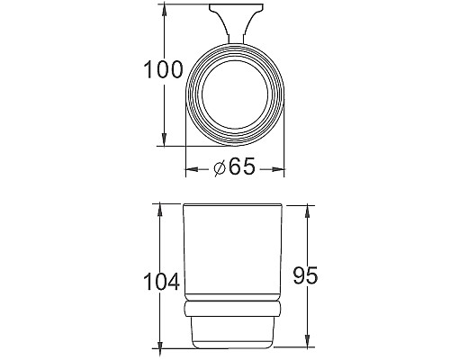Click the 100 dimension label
pos(163,70)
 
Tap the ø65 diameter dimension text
pos(236,167)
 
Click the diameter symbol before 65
pos(220,168)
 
